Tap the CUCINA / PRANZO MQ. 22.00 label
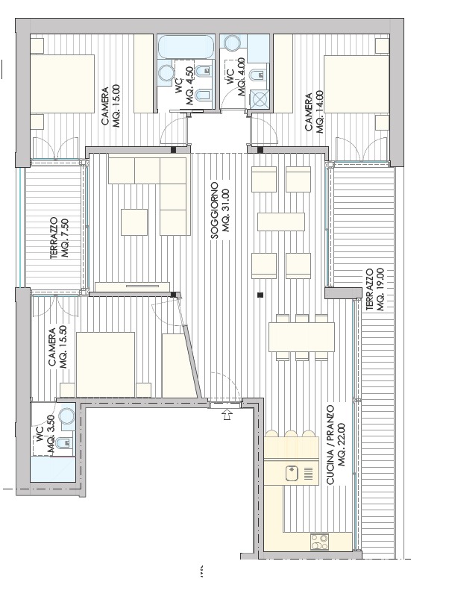[x=336, y=445]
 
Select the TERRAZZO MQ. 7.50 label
[x=59, y=238]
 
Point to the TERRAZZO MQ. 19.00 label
[x=375, y=289]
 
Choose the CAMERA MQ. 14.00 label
[x=314, y=112]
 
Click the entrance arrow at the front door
[x=227, y=414]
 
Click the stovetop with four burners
[x=319, y=542]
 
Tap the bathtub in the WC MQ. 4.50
[x=186, y=47]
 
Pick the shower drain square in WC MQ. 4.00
[x=258, y=98]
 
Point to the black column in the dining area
[x=260, y=295]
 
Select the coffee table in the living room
[x=134, y=222]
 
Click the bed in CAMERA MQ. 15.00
[x=63, y=84]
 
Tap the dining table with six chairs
[x=301, y=336]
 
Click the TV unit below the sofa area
[x=133, y=286]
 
